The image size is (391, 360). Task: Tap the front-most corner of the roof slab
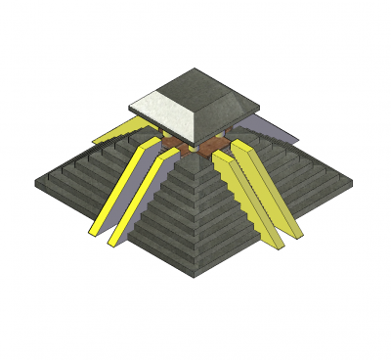pos(195,141)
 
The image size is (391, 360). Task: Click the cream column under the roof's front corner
pos(195,149)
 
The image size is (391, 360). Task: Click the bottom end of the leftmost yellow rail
pos(94,232)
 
